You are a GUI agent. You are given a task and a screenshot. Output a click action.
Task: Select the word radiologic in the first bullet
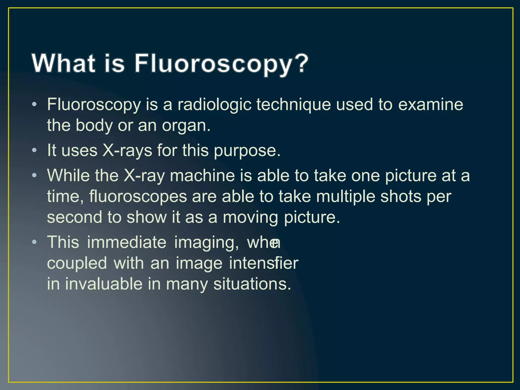tap(214, 105)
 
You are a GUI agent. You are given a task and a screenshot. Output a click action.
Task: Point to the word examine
tap(430, 105)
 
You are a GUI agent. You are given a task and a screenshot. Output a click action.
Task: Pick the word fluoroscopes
tap(138, 197)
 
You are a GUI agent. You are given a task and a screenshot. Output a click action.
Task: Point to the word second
tap(74, 217)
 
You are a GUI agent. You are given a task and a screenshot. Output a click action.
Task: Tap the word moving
tap(250, 218)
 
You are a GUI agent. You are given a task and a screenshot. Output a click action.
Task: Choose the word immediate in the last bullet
tap(127, 242)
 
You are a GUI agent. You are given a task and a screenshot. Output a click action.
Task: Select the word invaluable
tap(104, 284)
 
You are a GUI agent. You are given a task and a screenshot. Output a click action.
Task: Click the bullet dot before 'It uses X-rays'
tap(34, 150)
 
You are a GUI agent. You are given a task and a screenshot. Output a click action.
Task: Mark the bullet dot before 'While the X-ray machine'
tap(34, 175)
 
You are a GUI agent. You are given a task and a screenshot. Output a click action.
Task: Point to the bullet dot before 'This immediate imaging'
tap(34, 242)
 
